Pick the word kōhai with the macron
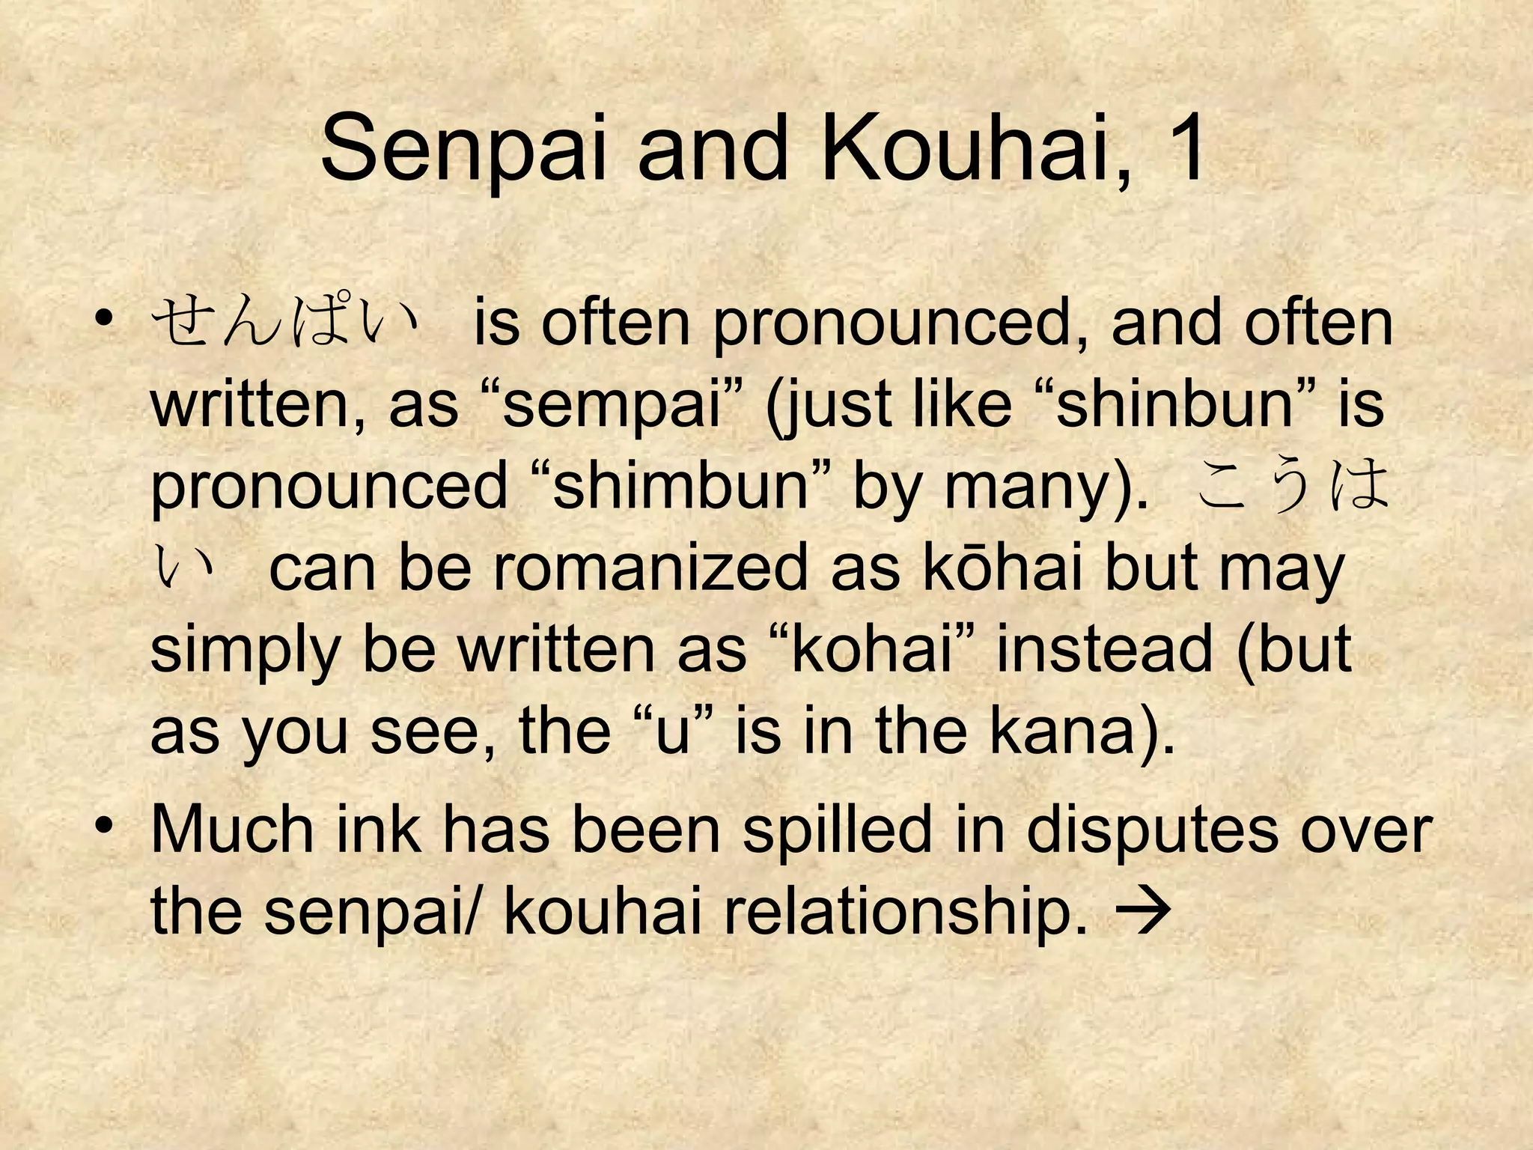pyautogui.click(x=1002, y=568)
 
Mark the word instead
pyautogui.click(x=1105, y=649)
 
